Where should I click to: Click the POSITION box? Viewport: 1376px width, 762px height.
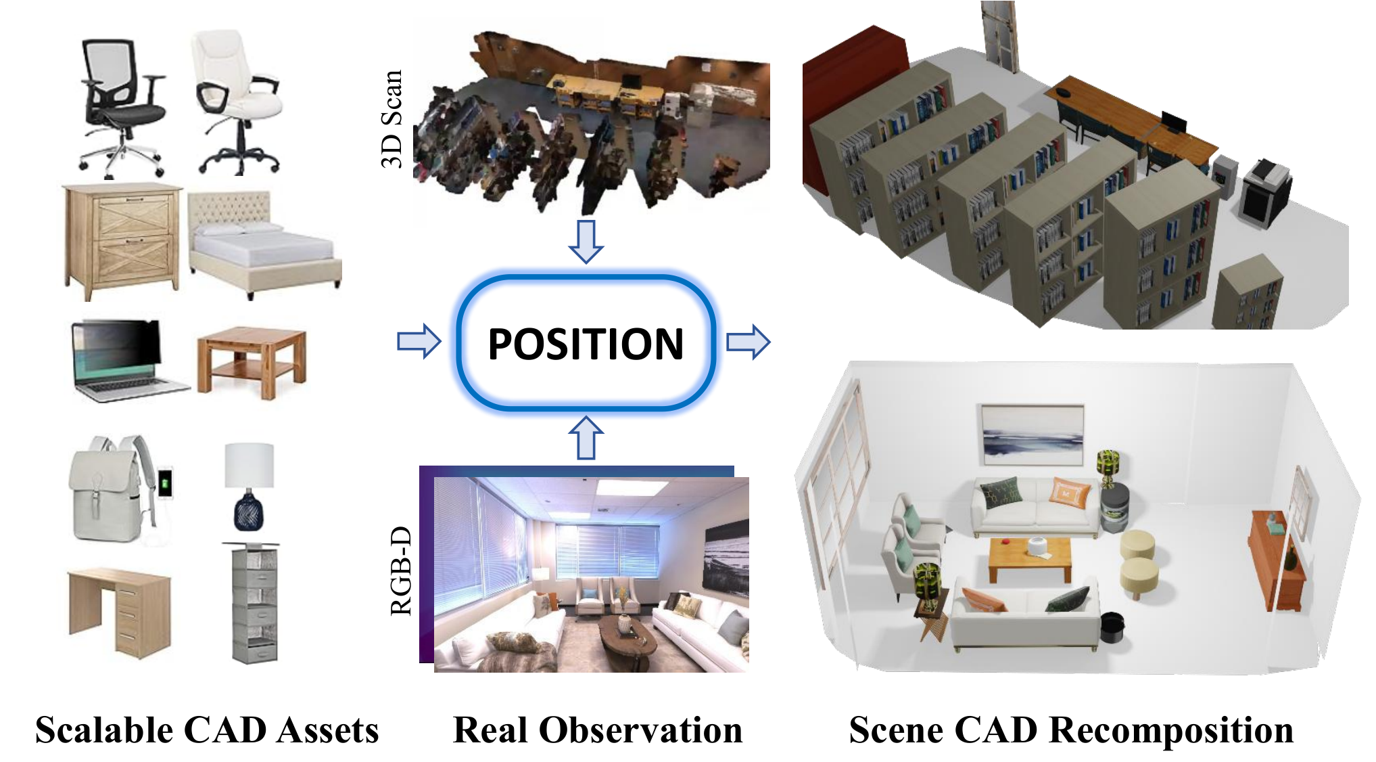[586, 342]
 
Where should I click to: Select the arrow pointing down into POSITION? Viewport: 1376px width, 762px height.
[586, 240]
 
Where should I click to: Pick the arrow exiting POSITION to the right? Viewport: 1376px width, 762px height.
[748, 342]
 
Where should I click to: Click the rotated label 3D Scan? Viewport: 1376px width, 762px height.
[392, 119]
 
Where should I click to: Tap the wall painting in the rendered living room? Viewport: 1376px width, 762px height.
[1031, 435]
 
